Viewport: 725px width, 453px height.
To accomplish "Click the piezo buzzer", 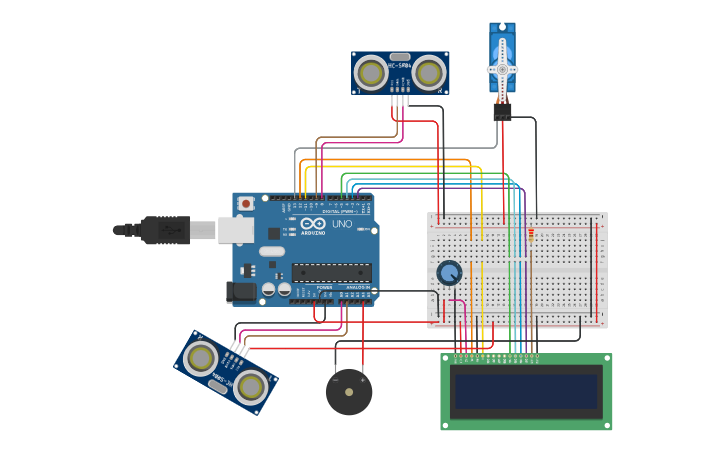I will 349,392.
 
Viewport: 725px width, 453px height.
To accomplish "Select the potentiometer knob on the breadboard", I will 449,272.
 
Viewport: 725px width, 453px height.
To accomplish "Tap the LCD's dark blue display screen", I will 526,391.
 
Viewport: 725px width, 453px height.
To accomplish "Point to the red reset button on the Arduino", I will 246,203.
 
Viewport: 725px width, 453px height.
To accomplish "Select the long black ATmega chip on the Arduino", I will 331,272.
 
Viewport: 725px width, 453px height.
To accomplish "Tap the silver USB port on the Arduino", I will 236,230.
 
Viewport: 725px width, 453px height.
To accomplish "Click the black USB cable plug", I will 165,230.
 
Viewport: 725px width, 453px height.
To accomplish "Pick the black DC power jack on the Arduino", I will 241,291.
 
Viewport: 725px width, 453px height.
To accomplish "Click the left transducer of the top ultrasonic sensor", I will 371,73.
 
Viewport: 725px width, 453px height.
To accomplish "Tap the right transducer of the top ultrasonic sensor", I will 429,72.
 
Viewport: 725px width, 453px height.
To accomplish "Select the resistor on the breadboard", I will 530,234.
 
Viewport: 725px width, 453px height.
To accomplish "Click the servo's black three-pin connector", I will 502,111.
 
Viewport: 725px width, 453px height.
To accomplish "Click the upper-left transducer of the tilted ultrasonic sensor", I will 201,357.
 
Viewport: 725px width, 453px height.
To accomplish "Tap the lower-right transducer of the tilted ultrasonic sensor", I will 251,385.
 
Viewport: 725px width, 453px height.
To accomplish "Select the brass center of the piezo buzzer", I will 349,392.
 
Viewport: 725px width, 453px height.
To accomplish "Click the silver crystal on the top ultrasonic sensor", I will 400,58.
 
